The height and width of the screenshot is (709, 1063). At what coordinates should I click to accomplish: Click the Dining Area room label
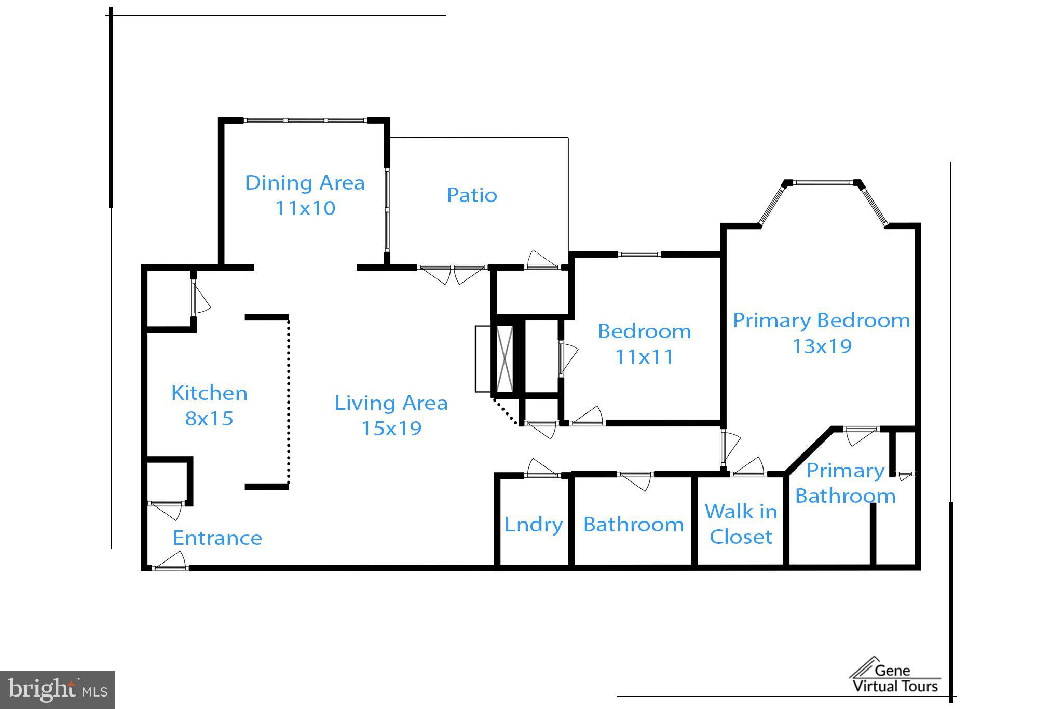coord(305,183)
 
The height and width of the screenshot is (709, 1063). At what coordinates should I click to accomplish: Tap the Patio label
coord(472,195)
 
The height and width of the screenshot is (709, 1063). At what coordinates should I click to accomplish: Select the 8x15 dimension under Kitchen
coord(209,419)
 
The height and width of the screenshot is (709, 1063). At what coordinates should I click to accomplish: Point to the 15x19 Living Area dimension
coord(391,429)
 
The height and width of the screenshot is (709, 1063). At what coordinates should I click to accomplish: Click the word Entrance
coord(217,538)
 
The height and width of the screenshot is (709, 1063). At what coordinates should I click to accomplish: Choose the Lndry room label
coord(534,525)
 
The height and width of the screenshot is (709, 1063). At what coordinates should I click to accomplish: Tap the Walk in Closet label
coord(741,524)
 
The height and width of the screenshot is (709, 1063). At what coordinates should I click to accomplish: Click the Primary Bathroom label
coord(845,483)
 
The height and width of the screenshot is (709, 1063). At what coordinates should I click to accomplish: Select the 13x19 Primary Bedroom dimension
coord(822,346)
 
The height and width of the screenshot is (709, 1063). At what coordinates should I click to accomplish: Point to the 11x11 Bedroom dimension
coord(644,357)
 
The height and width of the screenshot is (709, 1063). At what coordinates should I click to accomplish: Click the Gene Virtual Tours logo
coord(895,676)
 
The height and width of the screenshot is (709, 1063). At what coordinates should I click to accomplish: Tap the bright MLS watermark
coord(58,690)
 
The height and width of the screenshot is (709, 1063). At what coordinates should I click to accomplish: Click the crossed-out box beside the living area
coord(505,359)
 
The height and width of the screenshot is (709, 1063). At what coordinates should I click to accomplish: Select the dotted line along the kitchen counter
coord(289,402)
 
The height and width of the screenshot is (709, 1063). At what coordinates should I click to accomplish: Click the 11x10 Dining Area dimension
coord(305,208)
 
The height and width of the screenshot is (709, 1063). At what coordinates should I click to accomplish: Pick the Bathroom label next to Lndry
coord(633,525)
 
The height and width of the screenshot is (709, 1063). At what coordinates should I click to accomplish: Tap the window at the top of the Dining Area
coord(306,121)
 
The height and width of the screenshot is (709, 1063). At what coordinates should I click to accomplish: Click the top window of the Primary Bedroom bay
coord(823,182)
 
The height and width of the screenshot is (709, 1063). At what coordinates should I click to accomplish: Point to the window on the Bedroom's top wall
coord(639,255)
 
